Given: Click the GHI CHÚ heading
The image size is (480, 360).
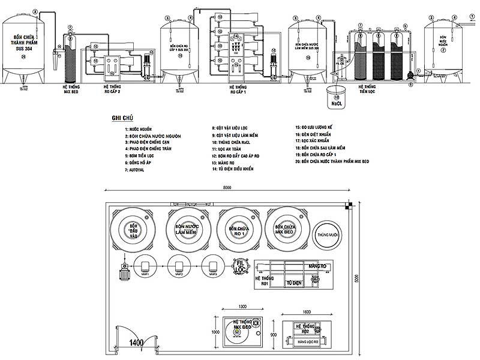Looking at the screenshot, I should [x=122, y=118].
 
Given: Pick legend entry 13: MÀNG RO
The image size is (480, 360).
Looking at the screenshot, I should [x=224, y=163].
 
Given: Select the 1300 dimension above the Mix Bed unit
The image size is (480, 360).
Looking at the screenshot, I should [x=242, y=307].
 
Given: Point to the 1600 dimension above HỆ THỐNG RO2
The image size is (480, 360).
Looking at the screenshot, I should [x=307, y=312].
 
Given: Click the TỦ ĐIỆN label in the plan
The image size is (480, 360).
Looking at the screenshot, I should [x=293, y=281].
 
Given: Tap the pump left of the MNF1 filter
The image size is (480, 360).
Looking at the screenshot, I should [x=124, y=271].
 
